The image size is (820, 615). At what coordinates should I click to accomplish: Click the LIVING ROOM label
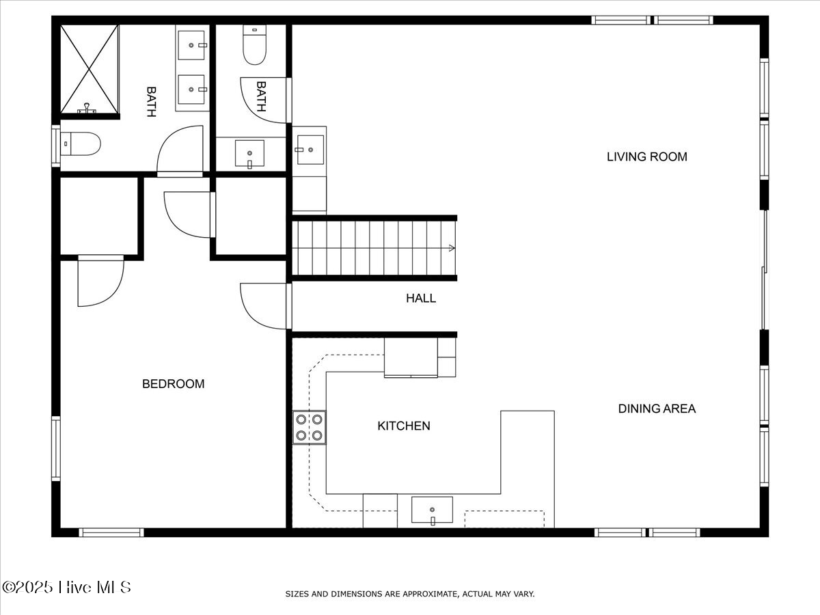(646, 156)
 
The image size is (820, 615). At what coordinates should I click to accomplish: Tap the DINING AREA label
(657, 409)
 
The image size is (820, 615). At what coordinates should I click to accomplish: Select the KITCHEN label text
(404, 426)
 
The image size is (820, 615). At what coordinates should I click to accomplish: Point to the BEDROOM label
(173, 384)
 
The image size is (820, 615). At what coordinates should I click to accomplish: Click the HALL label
(421, 298)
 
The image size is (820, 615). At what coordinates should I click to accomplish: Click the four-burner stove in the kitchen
(310, 427)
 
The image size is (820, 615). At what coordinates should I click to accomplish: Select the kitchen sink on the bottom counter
(432, 510)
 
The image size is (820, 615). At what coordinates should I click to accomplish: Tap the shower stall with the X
(90, 69)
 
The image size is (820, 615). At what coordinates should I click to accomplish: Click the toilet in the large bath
(81, 144)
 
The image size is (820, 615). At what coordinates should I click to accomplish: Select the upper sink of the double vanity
(191, 45)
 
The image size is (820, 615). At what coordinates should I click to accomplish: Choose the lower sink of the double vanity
(191, 89)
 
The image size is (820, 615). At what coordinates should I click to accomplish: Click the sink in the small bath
(249, 154)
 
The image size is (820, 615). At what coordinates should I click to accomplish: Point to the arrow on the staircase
(451, 248)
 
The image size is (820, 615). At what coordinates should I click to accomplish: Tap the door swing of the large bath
(180, 150)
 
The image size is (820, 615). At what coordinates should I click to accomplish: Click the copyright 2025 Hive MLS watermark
(67, 587)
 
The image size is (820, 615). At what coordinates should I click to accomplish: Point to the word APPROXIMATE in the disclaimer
(419, 594)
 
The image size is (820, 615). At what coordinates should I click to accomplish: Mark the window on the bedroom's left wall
(55, 449)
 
